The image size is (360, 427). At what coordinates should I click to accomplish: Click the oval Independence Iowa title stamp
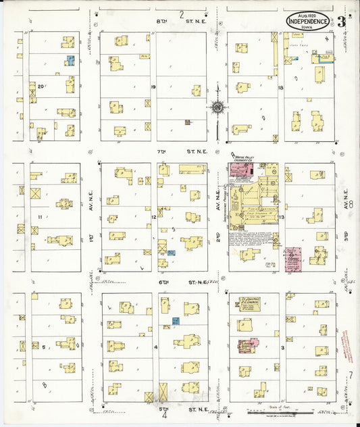tap(308, 21)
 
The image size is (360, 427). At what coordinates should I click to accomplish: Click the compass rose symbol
tap(217, 107)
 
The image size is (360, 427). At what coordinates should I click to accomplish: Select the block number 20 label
tap(41, 86)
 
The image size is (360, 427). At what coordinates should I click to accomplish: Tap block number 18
tap(279, 87)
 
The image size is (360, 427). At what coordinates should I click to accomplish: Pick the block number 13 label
tap(279, 218)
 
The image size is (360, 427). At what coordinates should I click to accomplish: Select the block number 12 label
tap(154, 216)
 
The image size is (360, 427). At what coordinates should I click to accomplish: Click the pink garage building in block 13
tap(292, 259)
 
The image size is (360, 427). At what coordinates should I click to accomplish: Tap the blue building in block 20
tap(70, 61)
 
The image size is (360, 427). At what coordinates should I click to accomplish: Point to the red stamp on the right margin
tap(347, 345)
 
